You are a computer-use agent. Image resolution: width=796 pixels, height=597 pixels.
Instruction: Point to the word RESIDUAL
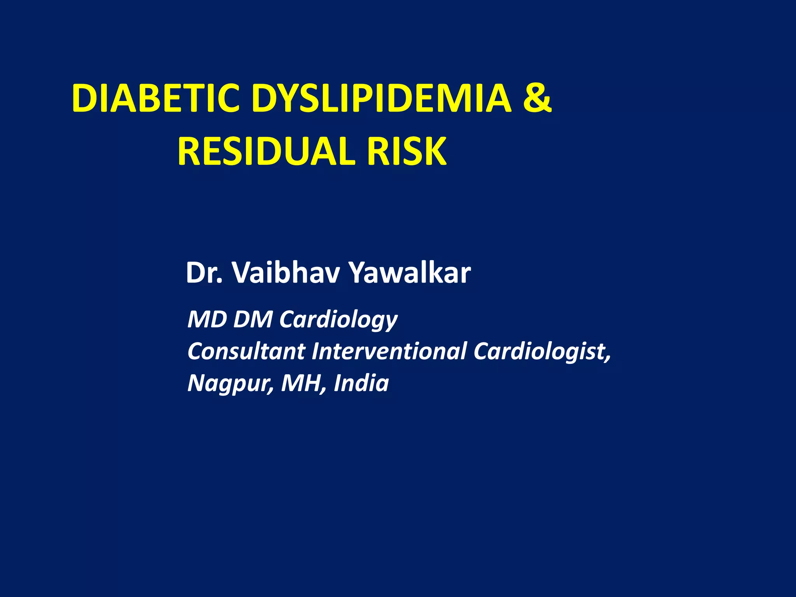(266, 151)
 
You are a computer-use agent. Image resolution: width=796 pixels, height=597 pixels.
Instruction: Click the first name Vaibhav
(286, 272)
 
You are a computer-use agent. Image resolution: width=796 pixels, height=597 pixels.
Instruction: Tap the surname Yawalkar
(410, 272)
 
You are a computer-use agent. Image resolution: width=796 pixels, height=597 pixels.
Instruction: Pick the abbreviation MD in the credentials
(207, 319)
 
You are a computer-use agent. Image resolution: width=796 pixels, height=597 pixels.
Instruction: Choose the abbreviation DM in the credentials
(253, 319)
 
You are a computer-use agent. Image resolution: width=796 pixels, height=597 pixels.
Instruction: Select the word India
(361, 383)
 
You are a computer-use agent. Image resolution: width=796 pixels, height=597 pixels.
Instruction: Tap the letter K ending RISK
(435, 151)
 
